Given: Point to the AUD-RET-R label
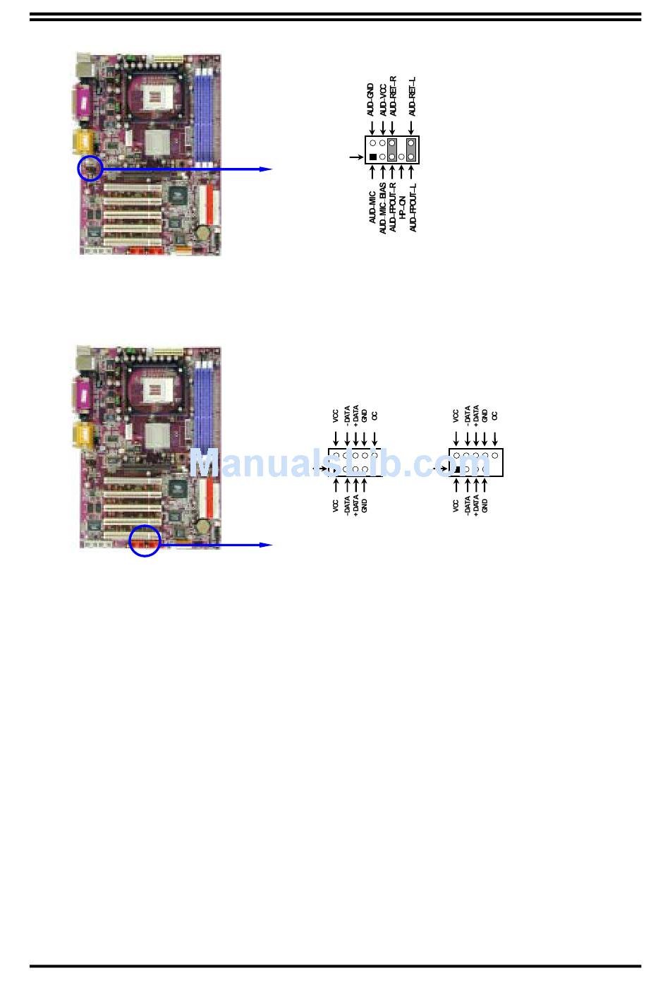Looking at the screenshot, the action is click(393, 97).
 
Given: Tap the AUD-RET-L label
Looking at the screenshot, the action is click(412, 97).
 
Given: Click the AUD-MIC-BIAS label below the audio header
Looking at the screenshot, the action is click(382, 209).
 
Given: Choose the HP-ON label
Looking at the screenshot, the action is click(402, 207).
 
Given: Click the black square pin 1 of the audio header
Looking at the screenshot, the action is click(373, 157).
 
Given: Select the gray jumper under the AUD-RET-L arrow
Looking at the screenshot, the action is click(411, 150).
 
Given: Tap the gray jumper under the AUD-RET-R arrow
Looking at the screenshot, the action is click(392, 150).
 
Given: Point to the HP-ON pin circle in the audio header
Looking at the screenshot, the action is click(401, 157).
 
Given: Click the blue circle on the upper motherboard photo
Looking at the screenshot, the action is click(90, 169).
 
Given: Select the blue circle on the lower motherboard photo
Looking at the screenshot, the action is click(145, 541).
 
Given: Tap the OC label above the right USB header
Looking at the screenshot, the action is click(495, 416).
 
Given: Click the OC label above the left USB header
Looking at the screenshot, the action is click(374, 416).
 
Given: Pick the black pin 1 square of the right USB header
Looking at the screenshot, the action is click(457, 469).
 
